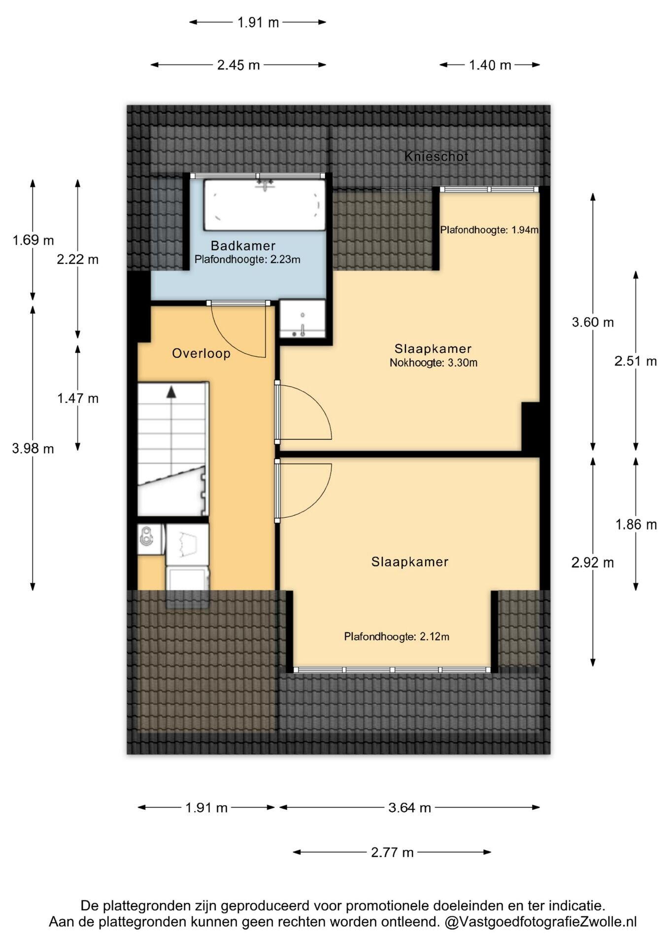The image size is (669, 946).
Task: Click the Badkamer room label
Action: click(x=243, y=245)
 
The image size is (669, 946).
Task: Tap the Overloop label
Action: click(x=201, y=353)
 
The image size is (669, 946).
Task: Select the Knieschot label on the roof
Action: click(x=436, y=156)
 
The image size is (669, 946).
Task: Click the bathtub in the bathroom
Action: click(x=265, y=204)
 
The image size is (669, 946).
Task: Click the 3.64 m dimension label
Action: click(x=409, y=808)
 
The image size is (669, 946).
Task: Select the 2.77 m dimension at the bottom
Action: click(x=392, y=852)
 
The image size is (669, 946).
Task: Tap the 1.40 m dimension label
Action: click(x=490, y=65)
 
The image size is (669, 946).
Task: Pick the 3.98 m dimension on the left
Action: click(x=33, y=449)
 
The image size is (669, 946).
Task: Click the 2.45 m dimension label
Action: click(x=238, y=65)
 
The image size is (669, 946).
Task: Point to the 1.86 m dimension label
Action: click(x=636, y=525)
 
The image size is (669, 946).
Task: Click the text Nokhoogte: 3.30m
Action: click(x=434, y=363)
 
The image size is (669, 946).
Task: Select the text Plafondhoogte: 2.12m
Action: click(x=397, y=637)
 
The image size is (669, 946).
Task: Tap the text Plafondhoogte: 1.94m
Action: click(x=489, y=230)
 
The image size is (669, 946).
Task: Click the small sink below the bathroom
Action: click(x=302, y=319)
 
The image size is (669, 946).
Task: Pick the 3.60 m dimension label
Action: click(x=593, y=323)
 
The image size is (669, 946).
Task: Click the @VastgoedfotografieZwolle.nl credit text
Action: click(x=540, y=922)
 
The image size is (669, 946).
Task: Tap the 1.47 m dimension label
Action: click(x=78, y=398)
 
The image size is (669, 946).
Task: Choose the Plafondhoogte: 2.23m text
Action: click(x=247, y=259)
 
